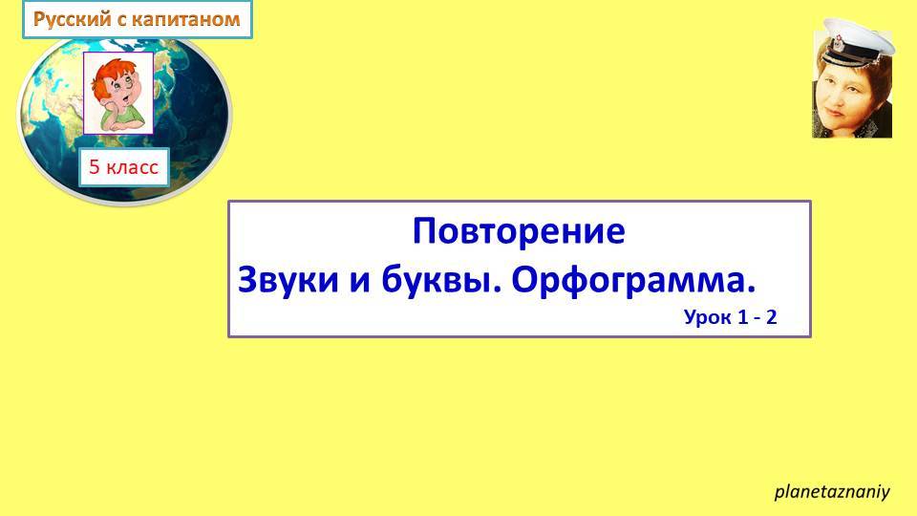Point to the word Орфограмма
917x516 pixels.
pos(633,281)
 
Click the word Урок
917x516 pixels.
pos(705,317)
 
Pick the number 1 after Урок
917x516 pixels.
pos(741,317)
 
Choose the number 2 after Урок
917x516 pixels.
pos(772,317)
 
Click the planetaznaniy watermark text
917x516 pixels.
pos(831,492)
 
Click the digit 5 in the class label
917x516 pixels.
pos(95,167)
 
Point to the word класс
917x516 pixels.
pos(132,167)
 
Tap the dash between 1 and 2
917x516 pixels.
pos(757,317)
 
